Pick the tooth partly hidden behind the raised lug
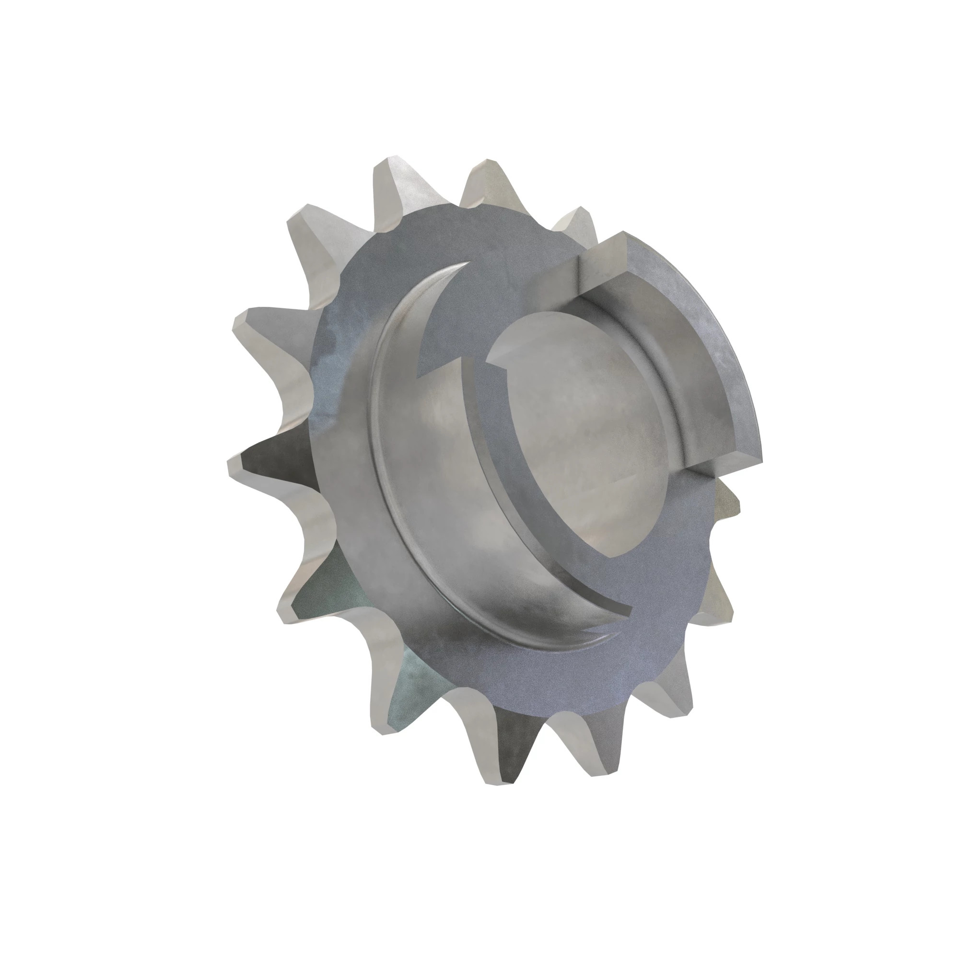[576, 221]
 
